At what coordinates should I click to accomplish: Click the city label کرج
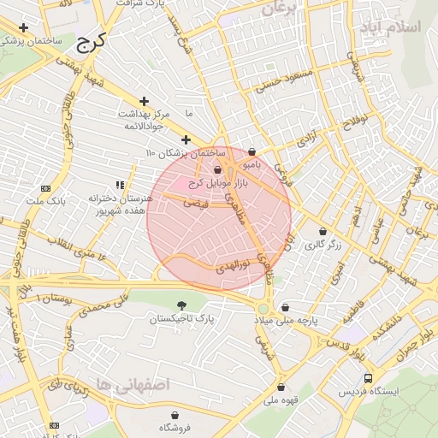coord(89,41)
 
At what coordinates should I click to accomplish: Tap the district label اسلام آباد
coord(398,27)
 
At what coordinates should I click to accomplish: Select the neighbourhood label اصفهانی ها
coord(134,385)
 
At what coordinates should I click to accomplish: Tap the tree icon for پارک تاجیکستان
coord(181,305)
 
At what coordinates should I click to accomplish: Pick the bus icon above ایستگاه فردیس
coord(368,378)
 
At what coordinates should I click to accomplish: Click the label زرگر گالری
coord(323,245)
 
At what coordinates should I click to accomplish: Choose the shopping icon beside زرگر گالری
coord(323,231)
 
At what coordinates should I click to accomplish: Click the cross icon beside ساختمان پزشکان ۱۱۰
coord(186,139)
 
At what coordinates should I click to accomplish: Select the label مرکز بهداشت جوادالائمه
coord(143,120)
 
